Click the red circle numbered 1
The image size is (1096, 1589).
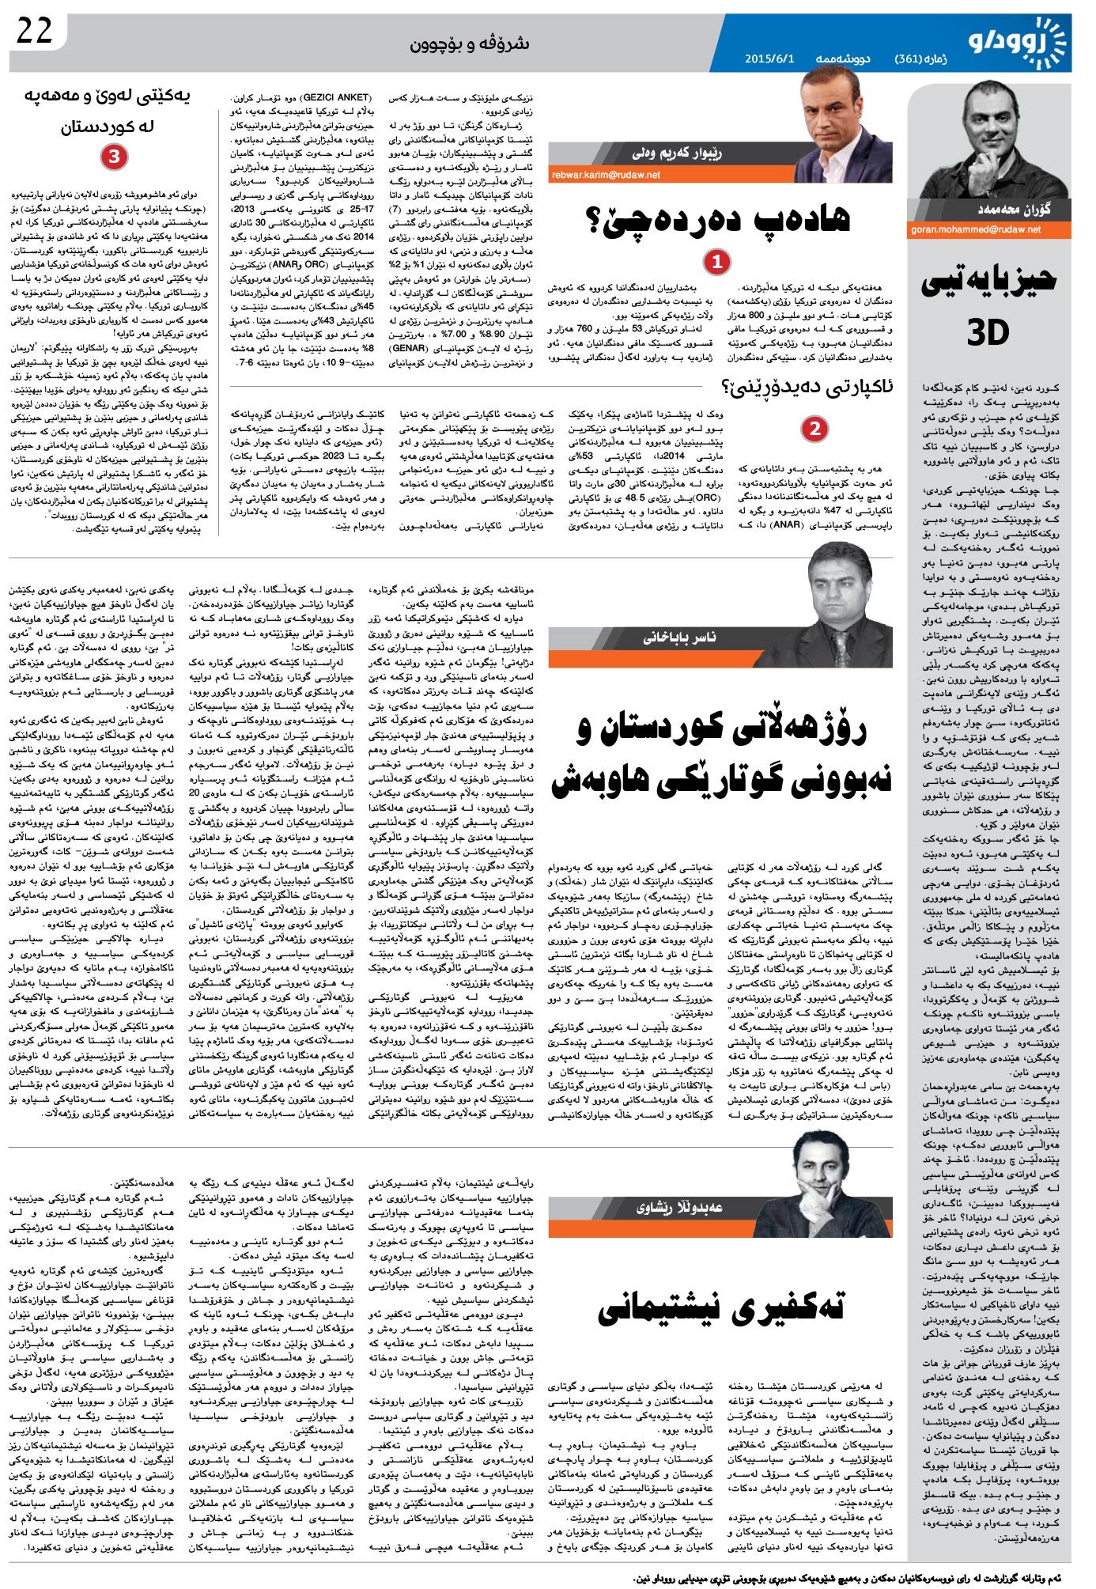tap(716, 262)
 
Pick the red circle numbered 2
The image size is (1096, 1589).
tap(814, 429)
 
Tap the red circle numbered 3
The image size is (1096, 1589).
tap(114, 157)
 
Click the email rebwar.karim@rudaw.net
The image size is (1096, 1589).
tap(606, 175)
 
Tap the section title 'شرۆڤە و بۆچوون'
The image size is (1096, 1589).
tap(470, 44)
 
